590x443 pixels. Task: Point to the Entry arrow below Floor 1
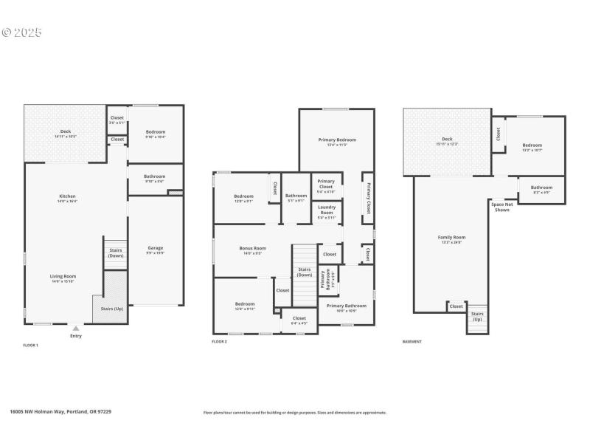76,327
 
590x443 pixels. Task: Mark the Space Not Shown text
502,207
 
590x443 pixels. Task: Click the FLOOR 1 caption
31,344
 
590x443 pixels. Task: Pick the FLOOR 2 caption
219,341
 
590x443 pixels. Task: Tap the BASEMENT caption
412,341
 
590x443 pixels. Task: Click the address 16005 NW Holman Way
60,412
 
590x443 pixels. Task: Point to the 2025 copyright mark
22,32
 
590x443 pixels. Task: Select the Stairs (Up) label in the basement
477,316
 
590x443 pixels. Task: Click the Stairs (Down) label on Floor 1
116,253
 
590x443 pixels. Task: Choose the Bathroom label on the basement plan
541,189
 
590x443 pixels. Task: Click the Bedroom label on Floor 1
155,134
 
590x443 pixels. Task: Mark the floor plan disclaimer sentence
295,413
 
